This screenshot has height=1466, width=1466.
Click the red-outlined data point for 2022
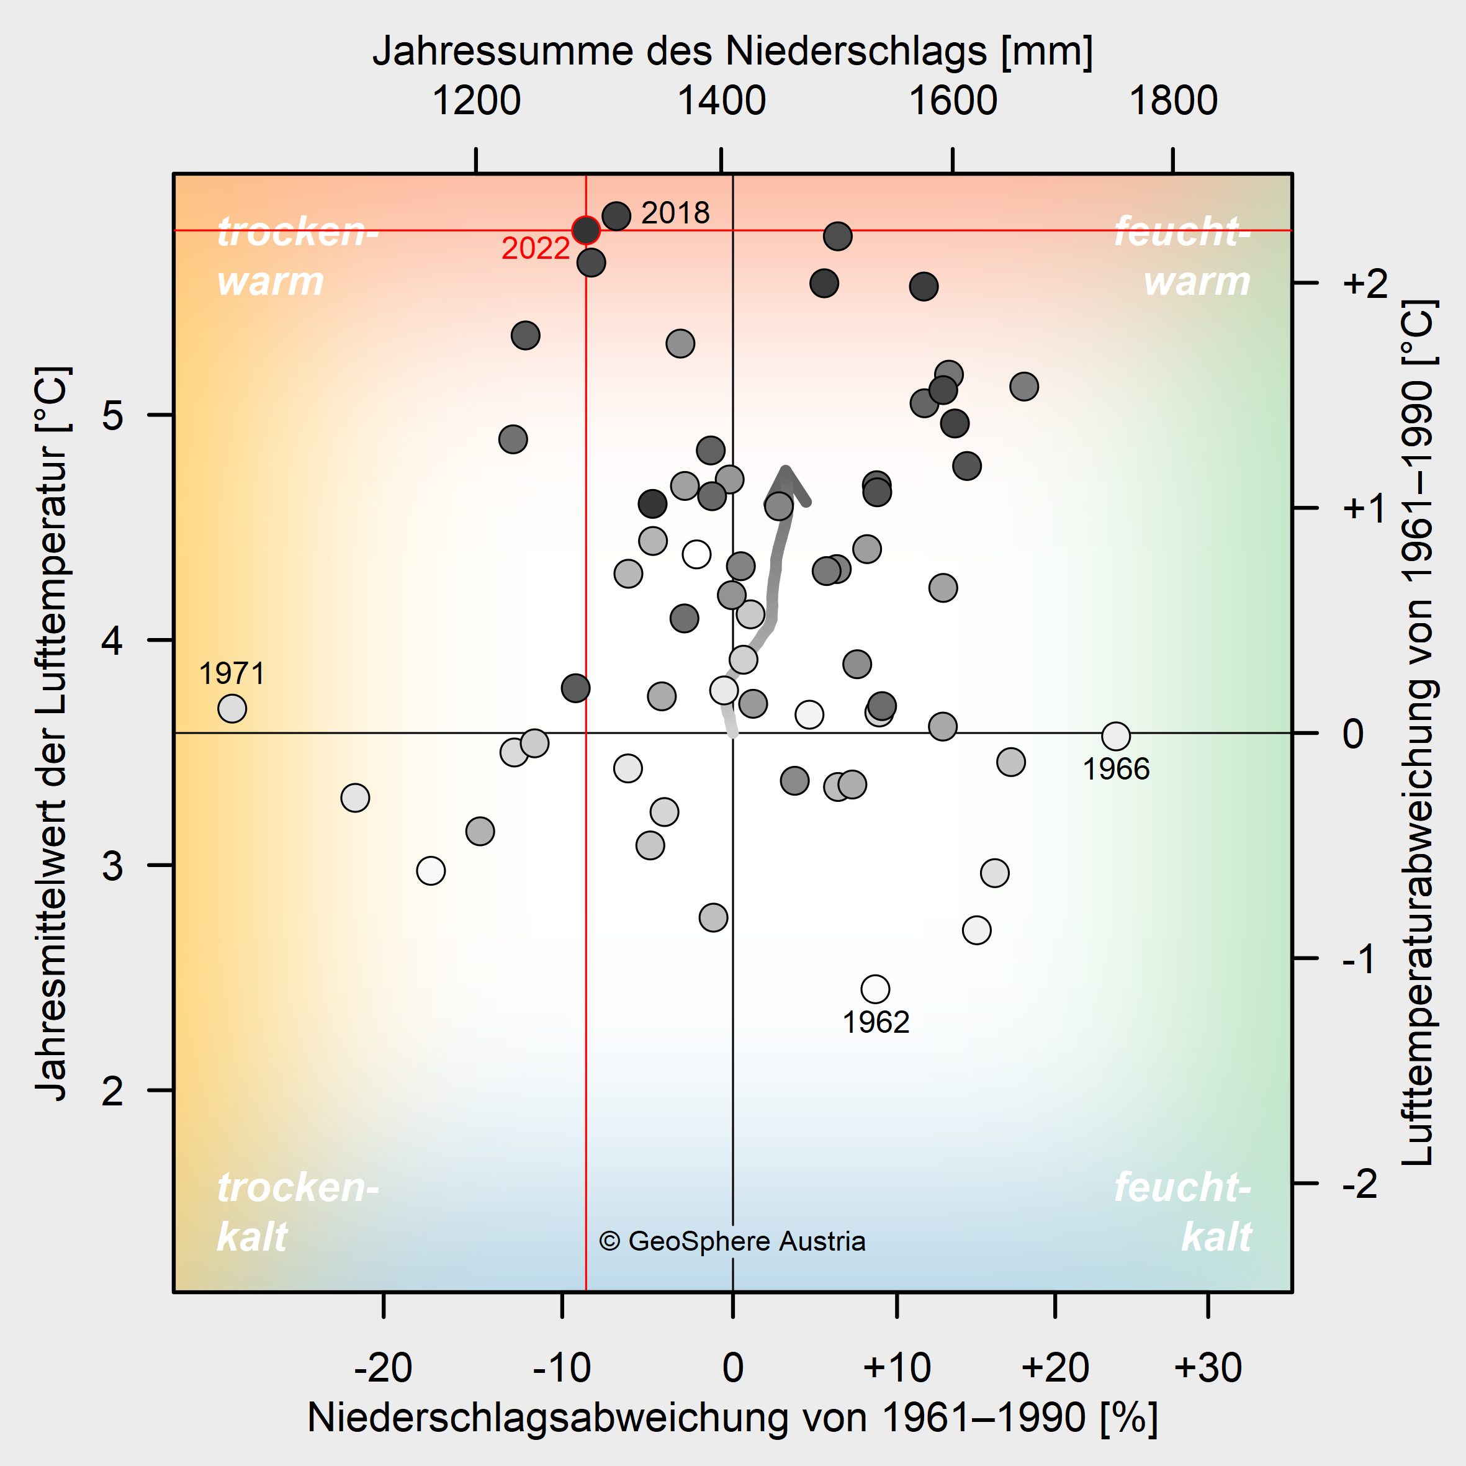[586, 229]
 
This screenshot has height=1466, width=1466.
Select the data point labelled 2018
[616, 216]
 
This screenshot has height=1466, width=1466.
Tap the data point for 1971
[232, 709]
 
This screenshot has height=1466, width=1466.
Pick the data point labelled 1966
[1115, 735]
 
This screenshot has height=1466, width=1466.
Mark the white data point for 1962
[876, 989]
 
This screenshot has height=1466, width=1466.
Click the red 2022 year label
[536, 249]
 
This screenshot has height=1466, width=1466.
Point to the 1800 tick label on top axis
[1173, 101]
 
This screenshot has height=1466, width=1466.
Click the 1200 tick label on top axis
[476, 101]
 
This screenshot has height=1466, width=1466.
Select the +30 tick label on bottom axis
[1208, 1367]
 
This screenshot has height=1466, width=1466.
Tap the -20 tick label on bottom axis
[383, 1367]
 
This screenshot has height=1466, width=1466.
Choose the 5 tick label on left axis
[112, 415]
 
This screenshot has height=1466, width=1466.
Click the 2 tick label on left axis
[112, 1091]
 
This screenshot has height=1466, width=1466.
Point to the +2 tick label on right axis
[1364, 283]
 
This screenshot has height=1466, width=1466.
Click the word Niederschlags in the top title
[857, 51]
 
